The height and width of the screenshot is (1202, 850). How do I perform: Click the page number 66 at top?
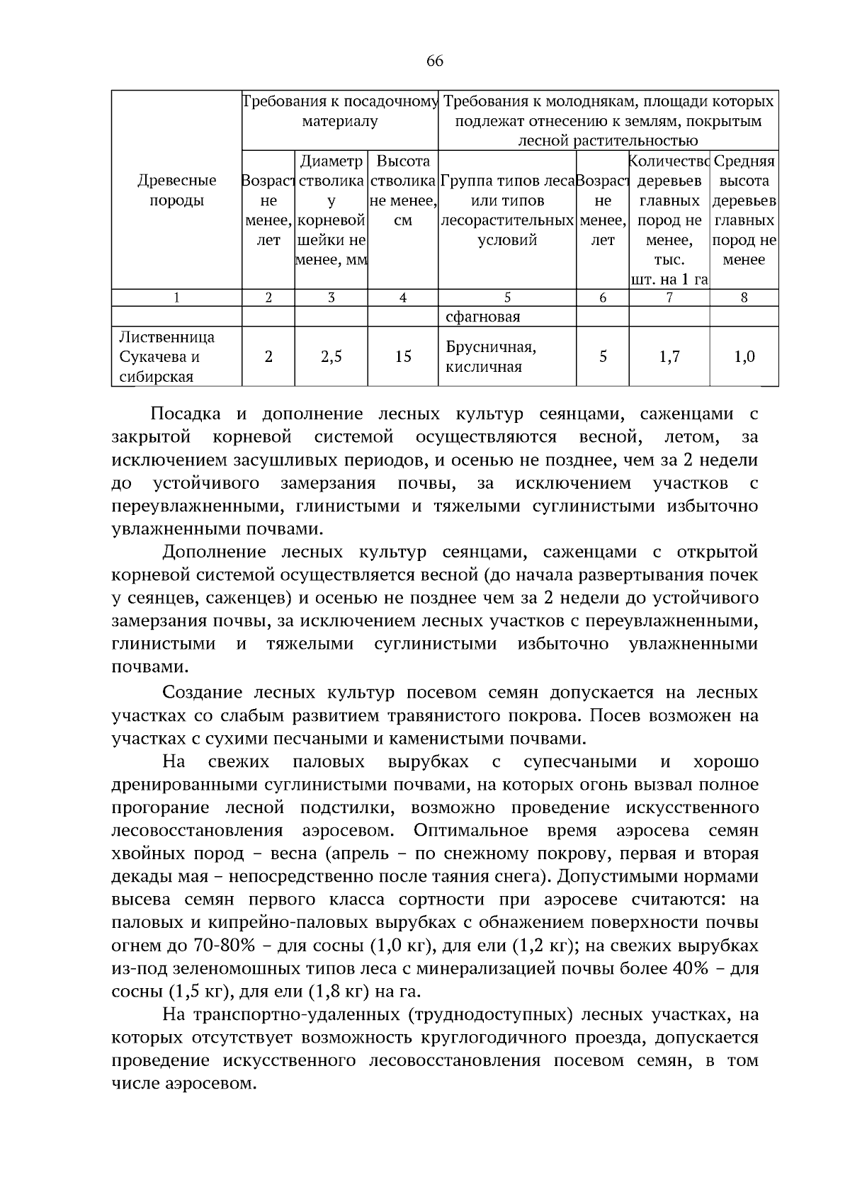(x=434, y=62)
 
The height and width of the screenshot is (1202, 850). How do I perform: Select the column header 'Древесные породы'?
(x=176, y=191)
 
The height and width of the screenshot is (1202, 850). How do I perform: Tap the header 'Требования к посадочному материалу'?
(x=340, y=111)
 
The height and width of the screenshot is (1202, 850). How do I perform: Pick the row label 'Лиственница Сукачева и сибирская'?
(x=167, y=356)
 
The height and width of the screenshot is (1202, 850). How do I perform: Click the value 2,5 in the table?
(x=331, y=356)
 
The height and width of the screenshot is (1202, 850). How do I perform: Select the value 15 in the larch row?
(x=402, y=356)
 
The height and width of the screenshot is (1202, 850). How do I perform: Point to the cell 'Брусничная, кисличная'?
(x=491, y=356)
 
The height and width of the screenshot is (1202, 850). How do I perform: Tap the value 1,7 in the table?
(x=669, y=356)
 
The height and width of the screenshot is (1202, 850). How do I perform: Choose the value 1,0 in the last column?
(x=744, y=356)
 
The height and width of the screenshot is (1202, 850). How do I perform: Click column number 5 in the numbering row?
(x=507, y=298)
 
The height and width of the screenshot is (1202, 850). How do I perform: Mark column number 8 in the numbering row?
(x=744, y=298)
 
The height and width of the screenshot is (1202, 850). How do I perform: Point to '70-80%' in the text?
(x=217, y=946)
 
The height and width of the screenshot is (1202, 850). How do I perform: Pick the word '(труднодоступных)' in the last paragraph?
(x=489, y=1015)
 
